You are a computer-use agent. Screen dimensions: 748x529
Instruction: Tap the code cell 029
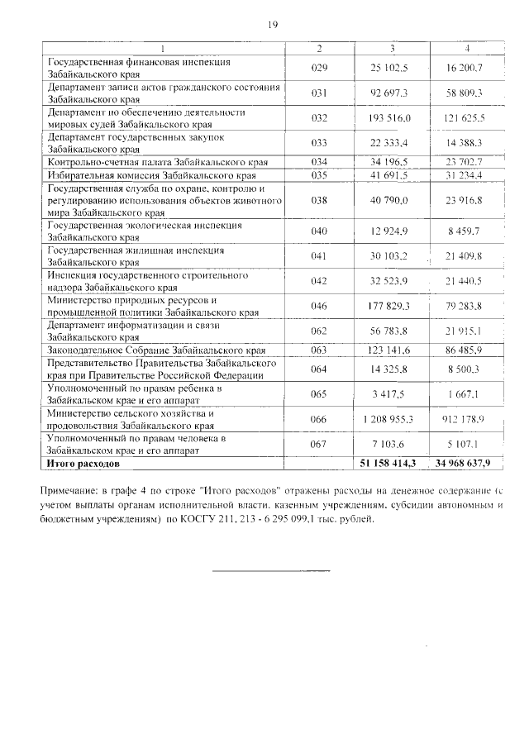tap(320, 67)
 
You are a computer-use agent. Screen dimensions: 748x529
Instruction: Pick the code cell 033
tap(320, 143)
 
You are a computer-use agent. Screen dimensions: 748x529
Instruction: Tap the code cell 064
tap(320, 369)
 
